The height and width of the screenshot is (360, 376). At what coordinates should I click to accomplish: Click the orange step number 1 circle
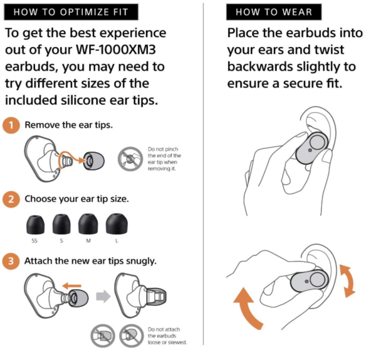tap(11, 125)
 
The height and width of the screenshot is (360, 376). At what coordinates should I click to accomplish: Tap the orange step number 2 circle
tap(11, 199)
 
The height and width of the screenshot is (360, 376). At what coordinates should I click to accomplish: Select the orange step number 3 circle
tap(11, 261)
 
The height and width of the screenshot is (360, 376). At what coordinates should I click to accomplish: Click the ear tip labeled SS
tap(35, 224)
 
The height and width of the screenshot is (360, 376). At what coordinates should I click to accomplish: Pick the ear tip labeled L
tap(117, 224)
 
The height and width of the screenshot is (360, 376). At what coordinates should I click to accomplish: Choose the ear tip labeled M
tap(88, 224)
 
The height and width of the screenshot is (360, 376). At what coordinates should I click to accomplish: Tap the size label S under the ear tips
tap(61, 240)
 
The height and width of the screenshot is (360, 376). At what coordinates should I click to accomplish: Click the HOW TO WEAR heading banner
tap(274, 12)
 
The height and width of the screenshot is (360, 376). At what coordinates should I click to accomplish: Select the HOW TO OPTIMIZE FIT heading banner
tap(71, 12)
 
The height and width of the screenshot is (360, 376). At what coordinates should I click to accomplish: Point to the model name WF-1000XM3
tap(116, 50)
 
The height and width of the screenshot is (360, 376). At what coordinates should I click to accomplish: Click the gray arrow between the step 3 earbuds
tap(103, 296)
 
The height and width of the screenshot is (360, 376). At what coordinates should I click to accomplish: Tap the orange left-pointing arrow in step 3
tap(71, 285)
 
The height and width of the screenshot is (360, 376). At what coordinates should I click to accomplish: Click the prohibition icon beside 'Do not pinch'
tap(130, 159)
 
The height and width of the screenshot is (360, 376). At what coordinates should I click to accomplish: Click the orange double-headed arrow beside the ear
tap(348, 281)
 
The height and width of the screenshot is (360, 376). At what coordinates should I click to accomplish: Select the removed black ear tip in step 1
tap(94, 161)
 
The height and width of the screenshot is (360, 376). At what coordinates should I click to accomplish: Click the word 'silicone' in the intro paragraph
tap(83, 100)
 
